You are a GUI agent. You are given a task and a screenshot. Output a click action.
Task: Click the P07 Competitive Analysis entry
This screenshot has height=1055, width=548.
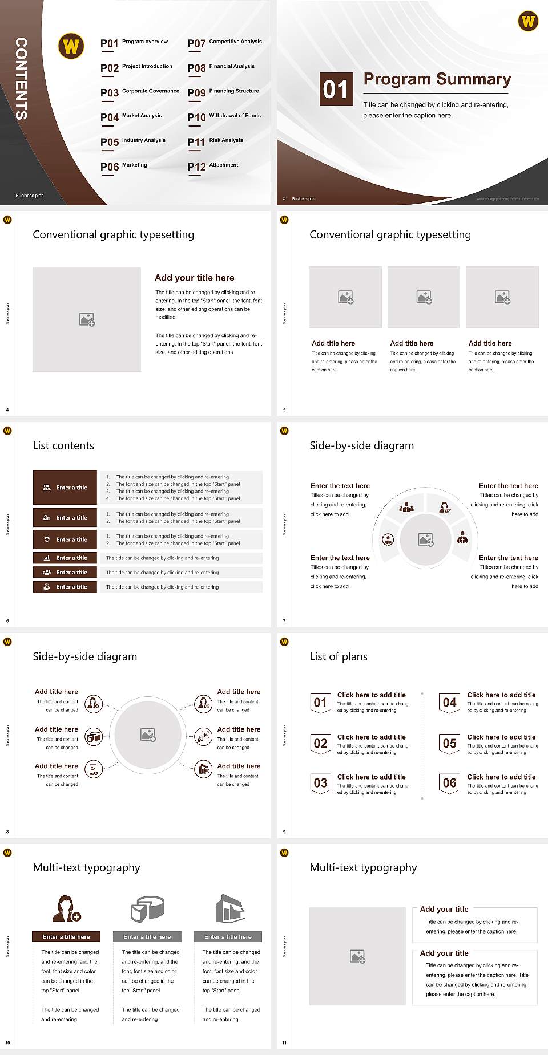[224, 43]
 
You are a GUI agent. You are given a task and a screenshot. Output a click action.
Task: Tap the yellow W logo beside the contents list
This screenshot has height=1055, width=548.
[71, 46]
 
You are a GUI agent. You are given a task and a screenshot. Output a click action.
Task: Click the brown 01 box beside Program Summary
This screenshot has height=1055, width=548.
[335, 89]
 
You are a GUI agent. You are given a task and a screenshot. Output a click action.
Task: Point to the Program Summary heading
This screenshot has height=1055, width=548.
[437, 79]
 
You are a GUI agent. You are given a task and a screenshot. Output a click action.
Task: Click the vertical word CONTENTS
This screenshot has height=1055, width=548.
[21, 78]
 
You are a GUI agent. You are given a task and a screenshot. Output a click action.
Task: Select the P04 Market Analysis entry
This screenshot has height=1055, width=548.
[131, 117]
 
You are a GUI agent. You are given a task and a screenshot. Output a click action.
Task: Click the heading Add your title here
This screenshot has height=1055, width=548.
[194, 278]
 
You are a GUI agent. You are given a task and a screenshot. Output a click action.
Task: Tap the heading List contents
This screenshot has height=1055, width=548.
[63, 445]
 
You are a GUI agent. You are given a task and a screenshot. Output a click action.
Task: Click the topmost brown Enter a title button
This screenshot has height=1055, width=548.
[65, 488]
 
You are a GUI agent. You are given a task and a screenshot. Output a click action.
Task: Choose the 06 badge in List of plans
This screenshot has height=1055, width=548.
[450, 783]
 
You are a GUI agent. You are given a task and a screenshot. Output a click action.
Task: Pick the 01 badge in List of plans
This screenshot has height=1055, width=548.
[320, 703]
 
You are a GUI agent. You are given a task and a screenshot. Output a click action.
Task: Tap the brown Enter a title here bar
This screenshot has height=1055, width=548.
[66, 936]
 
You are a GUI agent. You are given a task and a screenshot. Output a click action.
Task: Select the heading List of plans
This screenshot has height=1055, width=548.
[339, 656]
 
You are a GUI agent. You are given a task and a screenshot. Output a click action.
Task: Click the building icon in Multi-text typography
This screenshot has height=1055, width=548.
[229, 908]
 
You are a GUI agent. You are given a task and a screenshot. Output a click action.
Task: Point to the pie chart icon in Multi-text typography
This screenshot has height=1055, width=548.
[147, 909]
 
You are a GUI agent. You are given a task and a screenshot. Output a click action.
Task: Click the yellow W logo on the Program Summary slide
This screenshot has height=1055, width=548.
[528, 21]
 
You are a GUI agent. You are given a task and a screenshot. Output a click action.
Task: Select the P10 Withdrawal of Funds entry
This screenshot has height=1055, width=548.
[224, 117]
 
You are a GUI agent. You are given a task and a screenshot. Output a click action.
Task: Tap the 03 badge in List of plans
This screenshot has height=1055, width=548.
[320, 783]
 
